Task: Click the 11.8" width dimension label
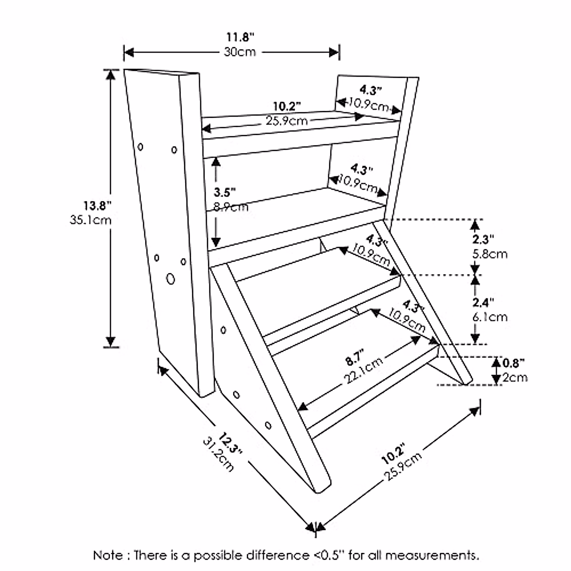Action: (240, 38)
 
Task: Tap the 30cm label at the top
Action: (240, 52)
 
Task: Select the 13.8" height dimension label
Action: (97, 206)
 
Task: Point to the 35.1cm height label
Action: (90, 220)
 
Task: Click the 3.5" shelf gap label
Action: (225, 193)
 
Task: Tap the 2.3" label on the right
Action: (483, 238)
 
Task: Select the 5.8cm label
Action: (490, 254)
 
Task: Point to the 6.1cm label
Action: (490, 317)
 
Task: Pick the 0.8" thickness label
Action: (513, 363)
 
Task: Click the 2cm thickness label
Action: (515, 377)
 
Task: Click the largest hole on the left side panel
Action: (170, 279)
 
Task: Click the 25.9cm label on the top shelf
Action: (286, 120)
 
